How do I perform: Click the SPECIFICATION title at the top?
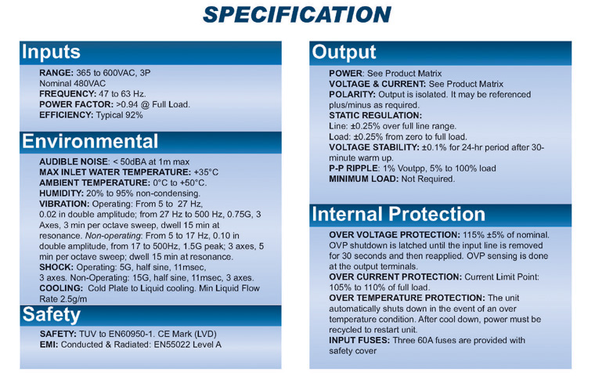point(297,15)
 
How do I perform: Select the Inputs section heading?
point(51,52)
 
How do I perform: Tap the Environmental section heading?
point(90,141)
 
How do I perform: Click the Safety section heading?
point(51,315)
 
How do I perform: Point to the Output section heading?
point(344,52)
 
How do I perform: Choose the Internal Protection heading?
point(398,214)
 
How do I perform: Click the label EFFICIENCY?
point(66,115)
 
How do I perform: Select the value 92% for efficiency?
point(134,115)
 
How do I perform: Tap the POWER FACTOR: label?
point(76,104)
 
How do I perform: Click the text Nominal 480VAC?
point(73,84)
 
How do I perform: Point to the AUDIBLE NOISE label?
point(74,161)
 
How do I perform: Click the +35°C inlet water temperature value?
point(206,172)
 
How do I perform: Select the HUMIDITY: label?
point(62,194)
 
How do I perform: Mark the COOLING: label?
point(61,288)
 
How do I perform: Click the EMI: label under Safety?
point(49,345)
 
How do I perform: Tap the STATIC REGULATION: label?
point(375,115)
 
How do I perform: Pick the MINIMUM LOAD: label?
point(364,179)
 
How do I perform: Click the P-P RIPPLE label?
point(353,168)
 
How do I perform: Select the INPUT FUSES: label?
point(359,340)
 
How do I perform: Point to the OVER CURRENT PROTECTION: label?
point(395,277)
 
